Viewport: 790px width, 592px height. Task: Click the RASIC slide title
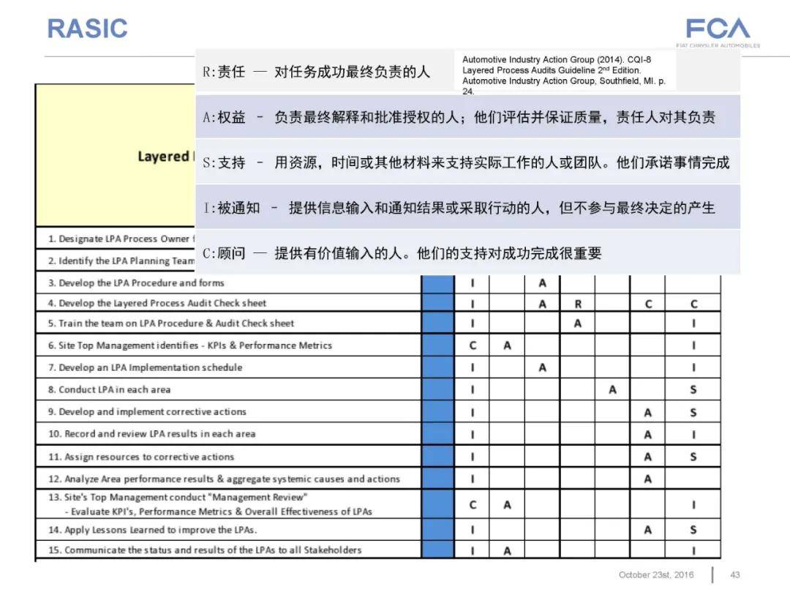[x=87, y=29]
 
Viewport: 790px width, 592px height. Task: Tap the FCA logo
[x=718, y=30]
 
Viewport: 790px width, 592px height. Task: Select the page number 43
[x=736, y=575]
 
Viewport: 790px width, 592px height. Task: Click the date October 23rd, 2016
[x=655, y=575]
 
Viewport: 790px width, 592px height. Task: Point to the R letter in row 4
[x=578, y=304]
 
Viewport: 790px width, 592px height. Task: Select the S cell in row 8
[x=693, y=390]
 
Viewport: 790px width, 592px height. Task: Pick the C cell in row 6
[x=473, y=345]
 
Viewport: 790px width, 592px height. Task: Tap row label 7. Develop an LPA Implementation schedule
[x=145, y=367]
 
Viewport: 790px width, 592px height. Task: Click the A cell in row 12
[x=647, y=479]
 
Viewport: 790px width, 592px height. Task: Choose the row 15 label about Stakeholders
[x=205, y=550]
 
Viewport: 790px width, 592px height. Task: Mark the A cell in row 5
[x=578, y=323]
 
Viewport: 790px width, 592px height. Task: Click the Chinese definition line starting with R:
[x=317, y=72]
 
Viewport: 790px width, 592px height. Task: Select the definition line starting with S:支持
[x=466, y=162]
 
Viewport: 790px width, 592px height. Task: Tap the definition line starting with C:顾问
[x=402, y=254]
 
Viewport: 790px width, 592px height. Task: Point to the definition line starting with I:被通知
[x=459, y=208]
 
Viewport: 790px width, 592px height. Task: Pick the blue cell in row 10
[x=437, y=435]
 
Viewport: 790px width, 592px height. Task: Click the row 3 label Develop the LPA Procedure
[x=136, y=283]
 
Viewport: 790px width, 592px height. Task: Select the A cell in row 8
[x=612, y=390]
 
